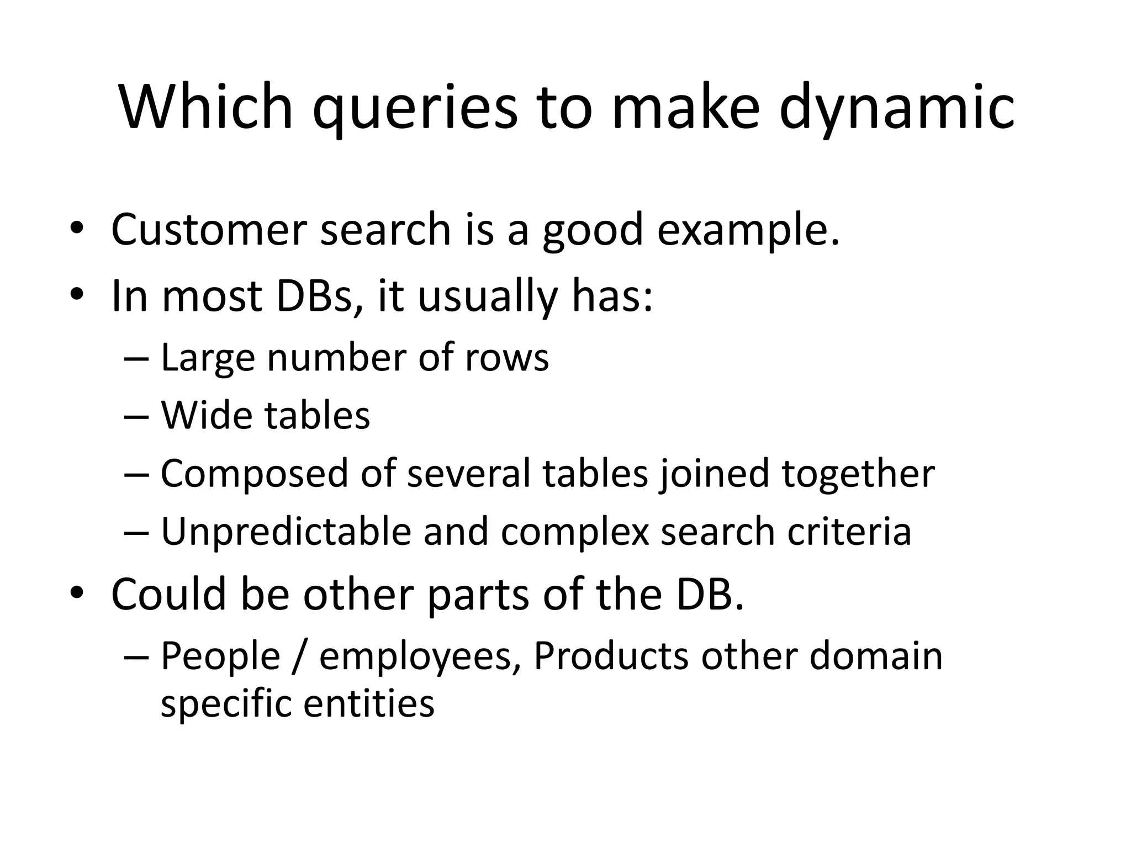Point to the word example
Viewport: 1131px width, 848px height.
[x=748, y=231]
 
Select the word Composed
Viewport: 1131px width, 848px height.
[x=254, y=474]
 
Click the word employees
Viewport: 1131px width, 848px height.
[x=419, y=658]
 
